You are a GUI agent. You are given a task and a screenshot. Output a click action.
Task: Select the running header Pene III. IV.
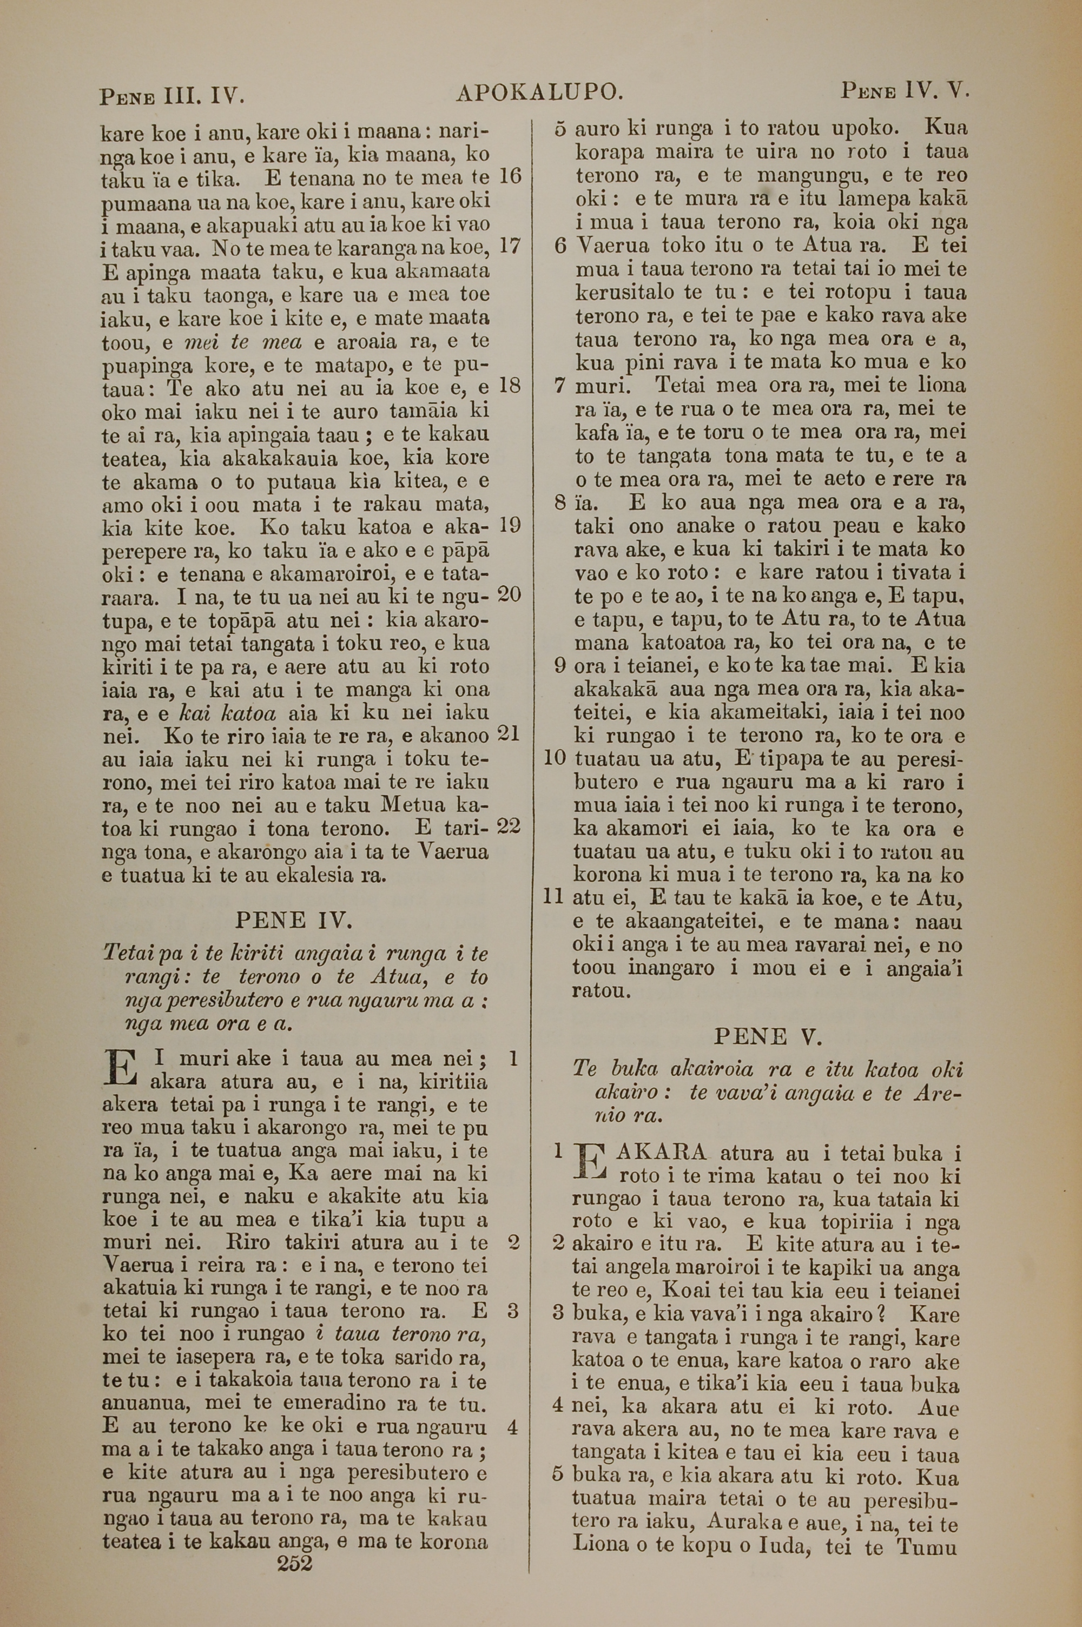pos(173,95)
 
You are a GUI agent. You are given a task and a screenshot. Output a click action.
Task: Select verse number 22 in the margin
pos(509,825)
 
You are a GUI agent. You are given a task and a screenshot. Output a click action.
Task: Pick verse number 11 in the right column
pos(555,897)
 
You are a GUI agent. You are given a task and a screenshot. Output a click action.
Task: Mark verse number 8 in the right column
pos(560,502)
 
